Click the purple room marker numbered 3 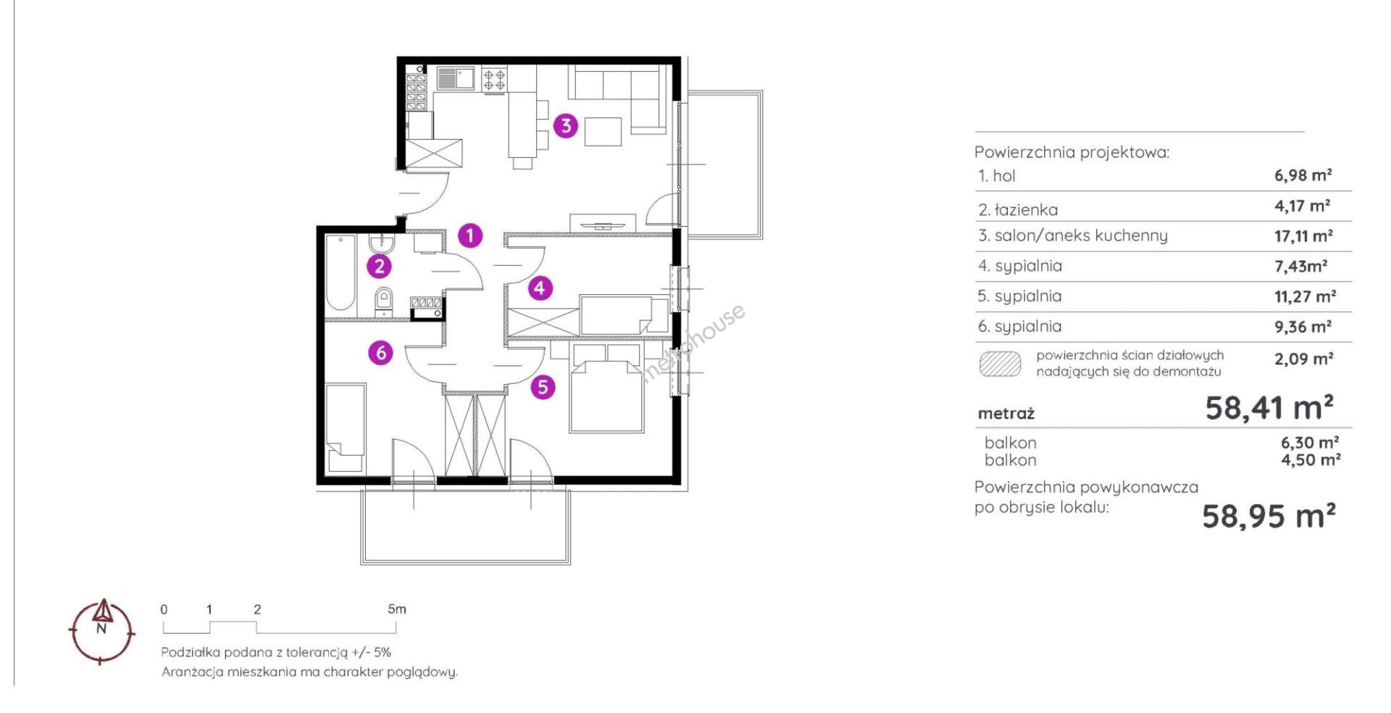click(x=566, y=125)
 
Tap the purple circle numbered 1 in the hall click(x=470, y=235)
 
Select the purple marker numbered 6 click(x=381, y=353)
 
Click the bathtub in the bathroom click(x=340, y=272)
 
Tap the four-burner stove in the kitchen click(x=494, y=79)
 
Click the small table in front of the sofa click(x=603, y=132)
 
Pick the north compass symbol click(x=102, y=630)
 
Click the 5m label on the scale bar click(x=397, y=609)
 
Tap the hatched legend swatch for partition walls click(x=1000, y=364)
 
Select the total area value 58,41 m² click(x=1269, y=408)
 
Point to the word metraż click(x=1006, y=414)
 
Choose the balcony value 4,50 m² click(x=1311, y=460)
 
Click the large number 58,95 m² click(x=1269, y=517)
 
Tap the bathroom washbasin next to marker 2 click(x=381, y=242)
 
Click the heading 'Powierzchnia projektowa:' click(x=1072, y=152)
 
